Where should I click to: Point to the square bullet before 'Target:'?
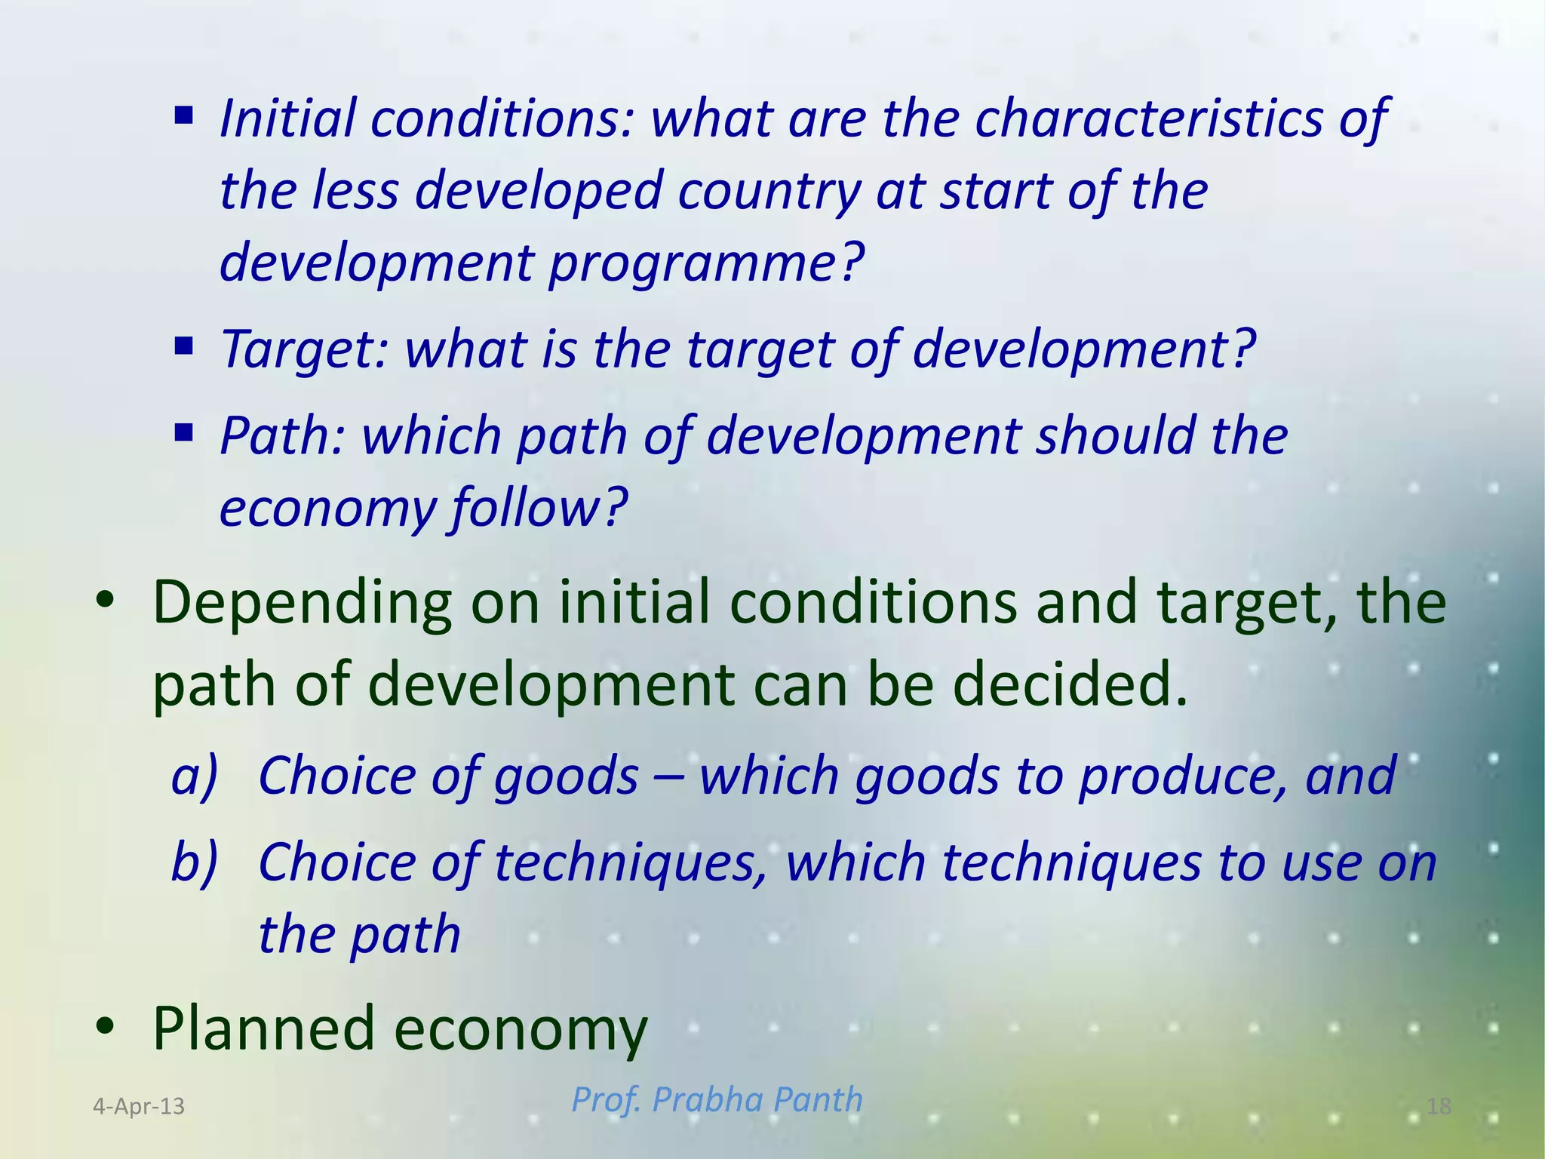click(183, 347)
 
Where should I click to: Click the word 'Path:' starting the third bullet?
click(282, 435)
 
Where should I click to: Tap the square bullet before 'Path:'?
click(183, 433)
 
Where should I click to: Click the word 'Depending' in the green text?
click(302, 604)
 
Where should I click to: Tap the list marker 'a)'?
click(195, 776)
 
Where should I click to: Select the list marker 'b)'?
click(195, 862)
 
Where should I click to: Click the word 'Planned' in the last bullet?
click(263, 1028)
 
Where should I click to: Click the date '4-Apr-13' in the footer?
click(139, 1106)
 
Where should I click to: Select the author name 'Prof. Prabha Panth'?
click(717, 1099)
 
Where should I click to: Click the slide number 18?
click(1439, 1106)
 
